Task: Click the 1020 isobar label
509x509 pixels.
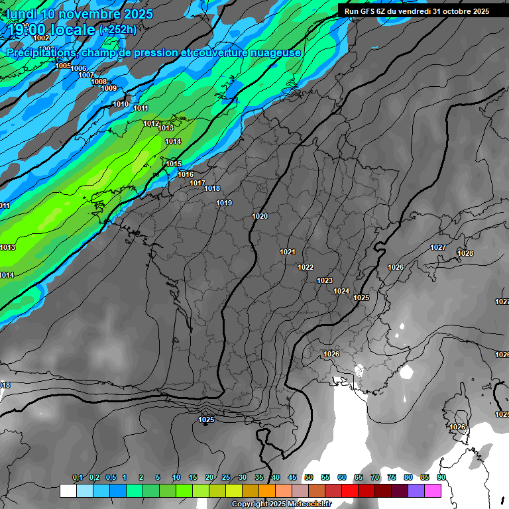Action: tap(260, 217)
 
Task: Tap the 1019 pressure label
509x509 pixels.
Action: tap(224, 203)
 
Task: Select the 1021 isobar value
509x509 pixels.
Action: tap(288, 252)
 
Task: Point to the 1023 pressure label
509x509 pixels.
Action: tap(325, 281)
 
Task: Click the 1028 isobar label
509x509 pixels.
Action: tap(465, 253)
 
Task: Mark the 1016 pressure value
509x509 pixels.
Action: tap(186, 174)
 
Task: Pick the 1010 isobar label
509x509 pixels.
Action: tap(121, 104)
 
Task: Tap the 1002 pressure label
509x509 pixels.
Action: tap(41, 38)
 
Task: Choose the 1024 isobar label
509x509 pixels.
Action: tap(341, 291)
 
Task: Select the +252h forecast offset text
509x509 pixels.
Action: tap(117, 30)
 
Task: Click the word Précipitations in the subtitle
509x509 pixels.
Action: tap(40, 52)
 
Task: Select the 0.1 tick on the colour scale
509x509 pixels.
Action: tap(78, 478)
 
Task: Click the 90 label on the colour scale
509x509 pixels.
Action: tap(441, 478)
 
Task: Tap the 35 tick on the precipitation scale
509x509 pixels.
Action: tap(258, 478)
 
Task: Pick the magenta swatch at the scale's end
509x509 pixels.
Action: tap(433, 490)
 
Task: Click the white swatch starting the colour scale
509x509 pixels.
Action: tap(68, 490)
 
